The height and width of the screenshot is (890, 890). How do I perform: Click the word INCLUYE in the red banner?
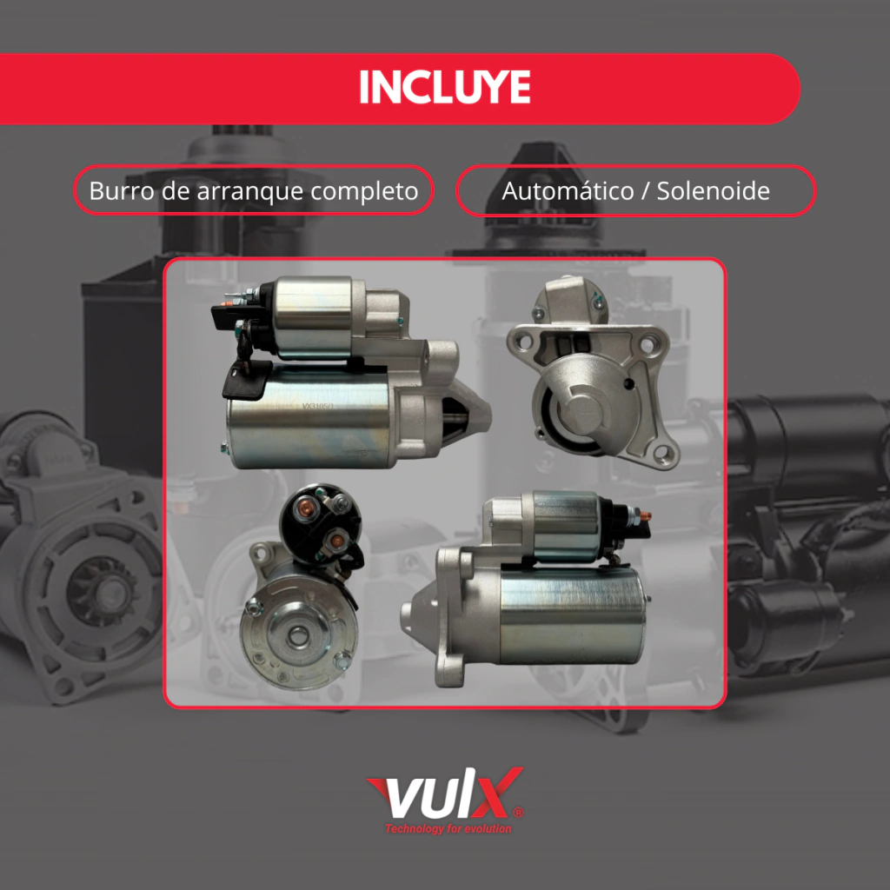(445, 87)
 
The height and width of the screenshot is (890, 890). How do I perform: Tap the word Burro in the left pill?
(122, 190)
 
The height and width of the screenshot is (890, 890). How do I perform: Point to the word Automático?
(568, 190)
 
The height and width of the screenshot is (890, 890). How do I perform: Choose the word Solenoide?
(713, 190)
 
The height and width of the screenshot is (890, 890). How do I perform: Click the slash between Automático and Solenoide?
(645, 191)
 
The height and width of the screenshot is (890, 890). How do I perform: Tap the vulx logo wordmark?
(445, 794)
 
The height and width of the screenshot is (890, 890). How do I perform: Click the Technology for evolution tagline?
(448, 828)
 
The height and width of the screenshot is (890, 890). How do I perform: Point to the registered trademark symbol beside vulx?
(518, 812)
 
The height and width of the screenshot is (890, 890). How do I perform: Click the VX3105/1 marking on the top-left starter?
(318, 407)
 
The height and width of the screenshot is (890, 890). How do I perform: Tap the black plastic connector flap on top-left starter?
(246, 379)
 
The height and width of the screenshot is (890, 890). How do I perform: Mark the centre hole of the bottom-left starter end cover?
(296, 634)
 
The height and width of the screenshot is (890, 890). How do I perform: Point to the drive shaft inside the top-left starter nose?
(457, 420)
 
